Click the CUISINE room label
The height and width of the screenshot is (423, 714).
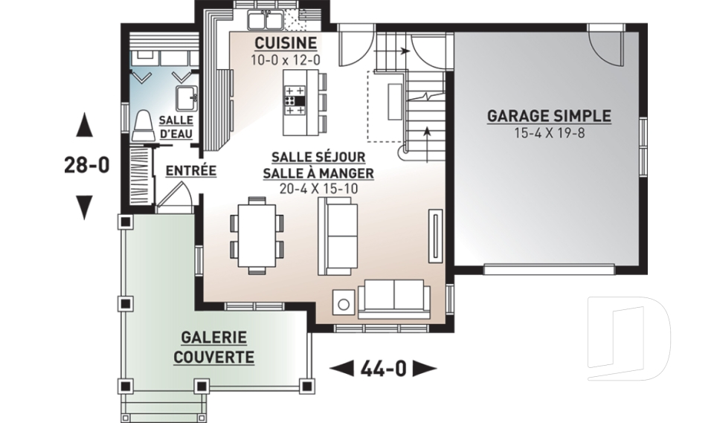point(285,42)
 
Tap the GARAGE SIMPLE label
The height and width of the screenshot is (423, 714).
point(548,117)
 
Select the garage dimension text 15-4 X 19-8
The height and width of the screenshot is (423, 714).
point(548,133)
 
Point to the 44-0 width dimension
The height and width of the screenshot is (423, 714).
point(382,367)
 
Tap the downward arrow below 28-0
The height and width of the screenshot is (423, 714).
point(85,204)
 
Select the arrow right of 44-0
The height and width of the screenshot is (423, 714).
point(424,367)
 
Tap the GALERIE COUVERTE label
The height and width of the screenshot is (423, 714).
point(213,348)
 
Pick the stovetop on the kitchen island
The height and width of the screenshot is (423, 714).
point(295,100)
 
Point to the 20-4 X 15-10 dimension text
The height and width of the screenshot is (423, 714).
point(318,189)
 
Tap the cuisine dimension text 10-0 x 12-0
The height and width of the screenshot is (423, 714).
point(285,57)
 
